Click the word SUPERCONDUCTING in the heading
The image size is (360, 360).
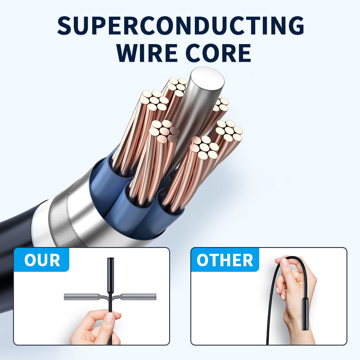coord(180,26)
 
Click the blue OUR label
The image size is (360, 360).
coord(41,261)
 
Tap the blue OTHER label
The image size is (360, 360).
coord(225,261)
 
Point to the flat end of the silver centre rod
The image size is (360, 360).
coord(207,81)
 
